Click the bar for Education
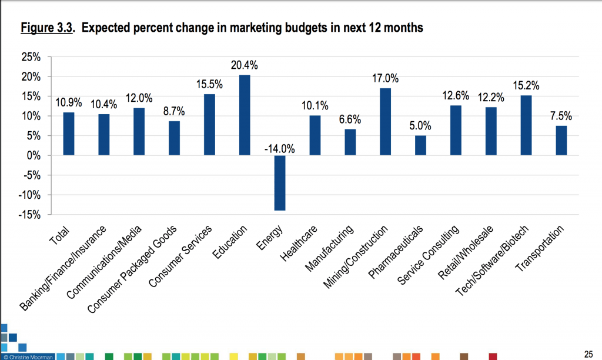(x=245, y=115)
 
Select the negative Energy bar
(x=280, y=182)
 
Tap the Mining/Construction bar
(x=385, y=122)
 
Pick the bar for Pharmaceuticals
(x=420, y=145)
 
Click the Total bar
(x=69, y=134)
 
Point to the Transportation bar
(x=561, y=141)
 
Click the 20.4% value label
(x=245, y=65)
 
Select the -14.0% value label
(x=279, y=148)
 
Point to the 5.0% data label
(x=420, y=126)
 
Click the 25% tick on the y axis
(x=30, y=58)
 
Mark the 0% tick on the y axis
(x=32, y=156)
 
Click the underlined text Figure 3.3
(x=47, y=28)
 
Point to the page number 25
(x=587, y=353)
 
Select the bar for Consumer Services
(x=209, y=125)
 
